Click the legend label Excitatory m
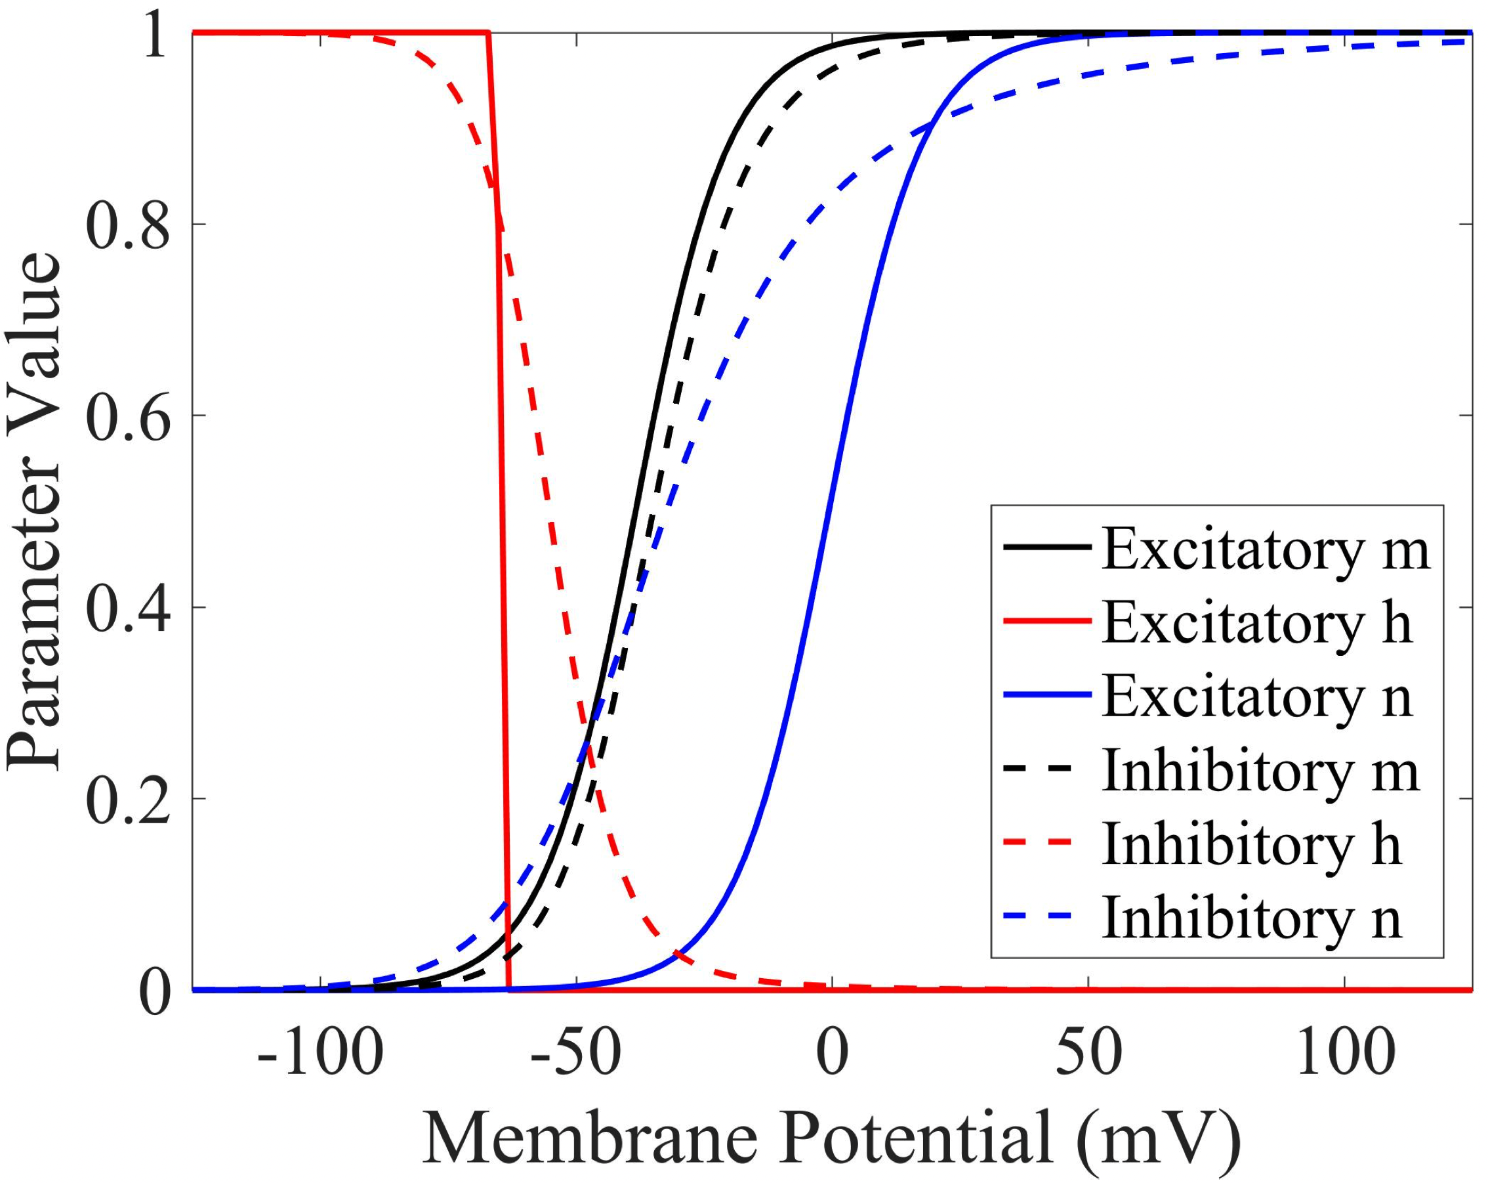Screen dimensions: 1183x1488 click(1265, 549)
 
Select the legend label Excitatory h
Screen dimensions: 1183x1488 click(1257, 623)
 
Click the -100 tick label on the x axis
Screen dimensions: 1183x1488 click(320, 1055)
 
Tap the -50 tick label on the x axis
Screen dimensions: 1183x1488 click(576, 1055)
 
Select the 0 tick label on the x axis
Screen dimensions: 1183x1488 click(833, 1055)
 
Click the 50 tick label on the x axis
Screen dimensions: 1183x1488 click(1088, 1055)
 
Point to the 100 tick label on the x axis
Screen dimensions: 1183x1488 click(1344, 1055)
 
